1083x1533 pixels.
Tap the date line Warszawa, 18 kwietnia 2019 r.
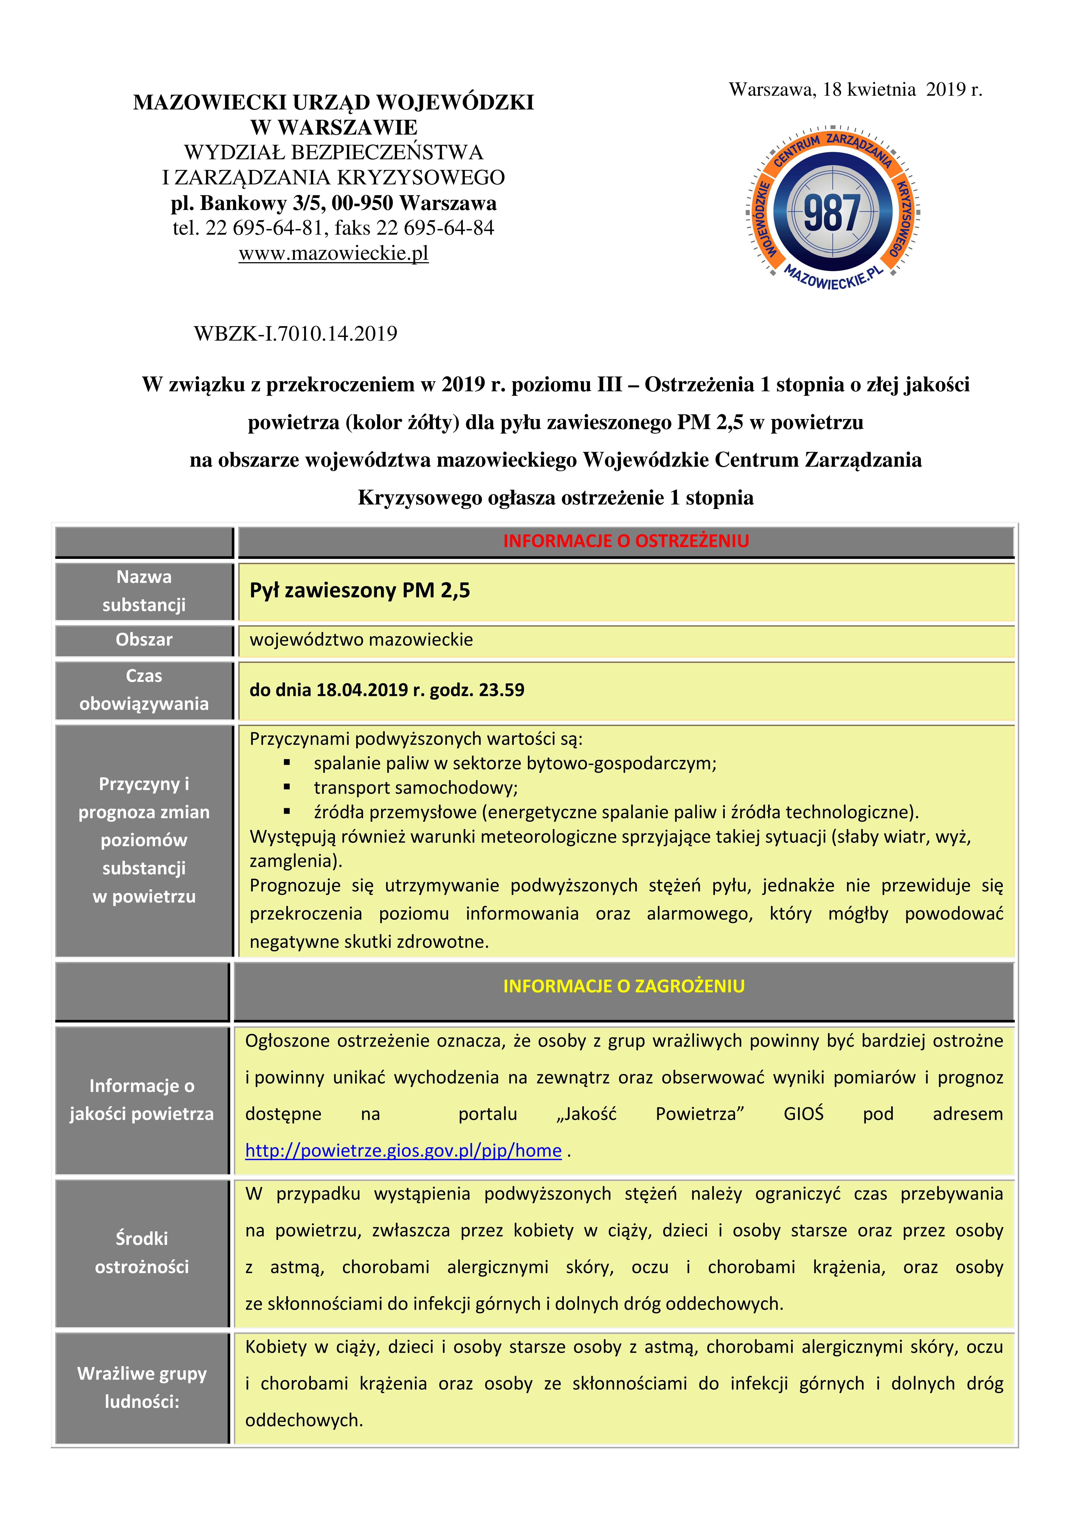point(855,90)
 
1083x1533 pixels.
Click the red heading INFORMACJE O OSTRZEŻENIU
point(626,541)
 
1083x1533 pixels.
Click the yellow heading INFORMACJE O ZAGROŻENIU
point(624,986)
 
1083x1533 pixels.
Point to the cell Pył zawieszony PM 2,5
point(360,590)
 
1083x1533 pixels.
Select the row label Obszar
point(144,640)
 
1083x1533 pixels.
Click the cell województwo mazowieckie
point(361,640)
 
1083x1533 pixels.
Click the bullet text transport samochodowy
point(415,788)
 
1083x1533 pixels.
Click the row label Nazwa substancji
point(144,591)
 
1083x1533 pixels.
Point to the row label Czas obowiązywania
point(144,690)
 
